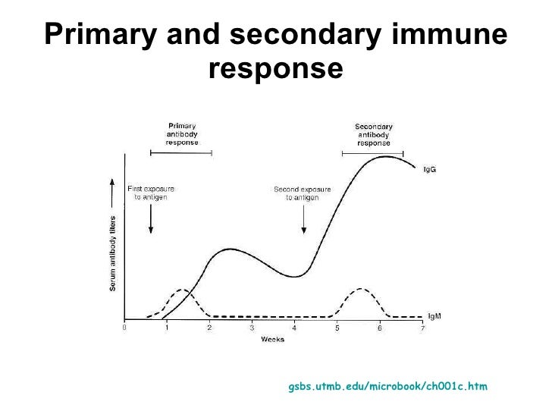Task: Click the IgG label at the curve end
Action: pos(429,170)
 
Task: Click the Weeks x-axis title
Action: pos(272,340)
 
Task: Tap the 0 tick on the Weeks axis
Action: pos(125,328)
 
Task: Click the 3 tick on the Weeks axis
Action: pos(252,328)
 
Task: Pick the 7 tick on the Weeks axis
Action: pos(422,328)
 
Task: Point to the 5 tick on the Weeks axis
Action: pos(337,328)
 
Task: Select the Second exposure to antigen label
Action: pos(303,192)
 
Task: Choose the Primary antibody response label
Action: pos(182,134)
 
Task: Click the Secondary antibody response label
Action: pos(373,134)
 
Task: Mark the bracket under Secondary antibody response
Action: pos(373,153)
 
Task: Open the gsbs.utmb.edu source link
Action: pos(388,387)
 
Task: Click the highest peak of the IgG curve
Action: pos(387,157)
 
